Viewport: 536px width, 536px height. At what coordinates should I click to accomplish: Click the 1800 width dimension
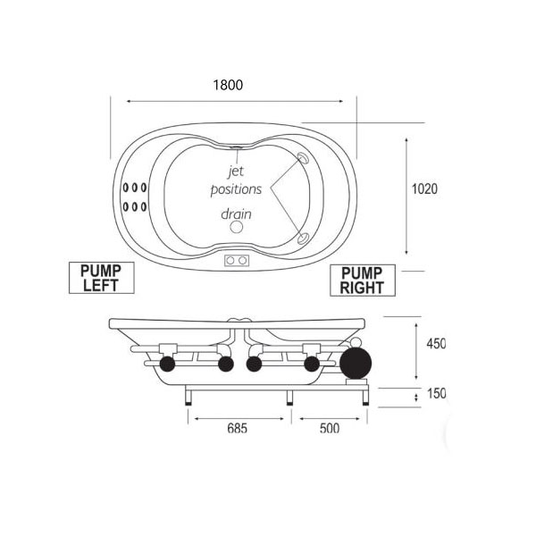pos(228,85)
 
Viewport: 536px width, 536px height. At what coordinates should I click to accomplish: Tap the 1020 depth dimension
pos(424,188)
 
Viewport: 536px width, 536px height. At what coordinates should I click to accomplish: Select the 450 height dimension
pos(436,344)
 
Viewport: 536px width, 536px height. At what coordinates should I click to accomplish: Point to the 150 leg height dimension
pos(437,393)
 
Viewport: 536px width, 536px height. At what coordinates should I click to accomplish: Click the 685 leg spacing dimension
pos(238,428)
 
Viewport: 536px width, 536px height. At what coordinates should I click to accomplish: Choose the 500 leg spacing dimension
pos(330,428)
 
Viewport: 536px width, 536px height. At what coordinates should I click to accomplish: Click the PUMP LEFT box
pos(102,278)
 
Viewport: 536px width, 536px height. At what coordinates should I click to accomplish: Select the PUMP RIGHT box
pos(363,280)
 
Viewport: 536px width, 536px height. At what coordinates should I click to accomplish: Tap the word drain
pos(236,214)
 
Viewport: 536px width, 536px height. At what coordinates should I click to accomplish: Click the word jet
pos(236,171)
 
